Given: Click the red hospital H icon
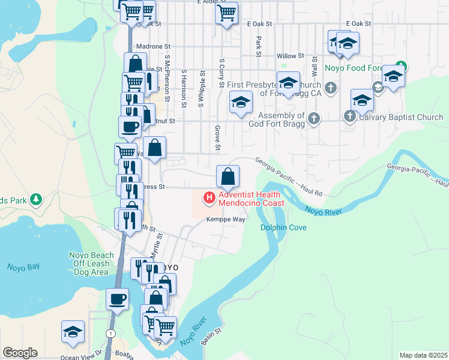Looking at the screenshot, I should [209, 197].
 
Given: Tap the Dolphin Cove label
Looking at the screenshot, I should [283, 228].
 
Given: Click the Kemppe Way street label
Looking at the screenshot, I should [226, 220].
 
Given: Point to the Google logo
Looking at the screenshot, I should [20, 353].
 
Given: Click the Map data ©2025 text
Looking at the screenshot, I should [423, 355].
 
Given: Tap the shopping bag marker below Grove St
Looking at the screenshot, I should [228, 177].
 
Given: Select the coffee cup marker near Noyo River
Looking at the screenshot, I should [117, 299].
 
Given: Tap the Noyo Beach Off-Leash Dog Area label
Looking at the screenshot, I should [84, 263].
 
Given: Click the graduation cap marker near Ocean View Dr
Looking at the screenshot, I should [73, 332].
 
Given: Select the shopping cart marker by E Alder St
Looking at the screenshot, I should [226, 13].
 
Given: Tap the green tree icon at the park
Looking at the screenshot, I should [36, 199].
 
